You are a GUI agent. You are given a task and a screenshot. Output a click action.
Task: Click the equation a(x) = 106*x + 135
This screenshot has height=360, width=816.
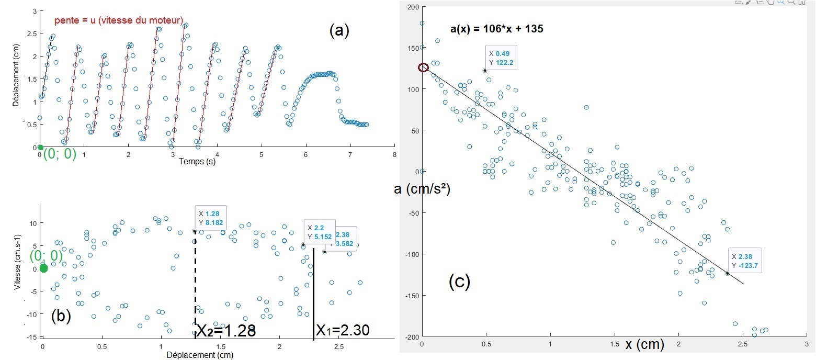coord(497,29)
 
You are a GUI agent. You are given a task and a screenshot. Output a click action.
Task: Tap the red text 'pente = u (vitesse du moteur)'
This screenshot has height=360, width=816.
coord(119,21)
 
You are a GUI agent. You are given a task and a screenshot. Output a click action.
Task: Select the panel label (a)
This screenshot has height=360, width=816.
coord(338,31)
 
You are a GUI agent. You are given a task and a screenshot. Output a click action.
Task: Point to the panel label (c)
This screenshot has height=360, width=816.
coord(459,282)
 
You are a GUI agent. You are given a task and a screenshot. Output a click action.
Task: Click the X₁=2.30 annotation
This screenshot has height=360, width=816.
coord(343,330)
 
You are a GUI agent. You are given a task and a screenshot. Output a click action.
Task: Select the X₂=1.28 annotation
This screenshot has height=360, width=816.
coord(226,331)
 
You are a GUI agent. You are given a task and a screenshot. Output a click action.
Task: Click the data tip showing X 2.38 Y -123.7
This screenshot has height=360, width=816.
coord(745,261)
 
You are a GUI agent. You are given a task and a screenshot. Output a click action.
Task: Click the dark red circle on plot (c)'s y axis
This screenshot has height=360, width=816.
coord(423,67)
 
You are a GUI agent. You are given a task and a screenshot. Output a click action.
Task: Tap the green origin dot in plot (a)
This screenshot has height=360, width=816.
coord(40,148)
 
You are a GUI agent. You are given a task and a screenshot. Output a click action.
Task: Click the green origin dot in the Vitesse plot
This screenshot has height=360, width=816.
coord(43,268)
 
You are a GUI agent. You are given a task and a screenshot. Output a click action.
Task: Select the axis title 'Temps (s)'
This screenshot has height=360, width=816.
coord(197,162)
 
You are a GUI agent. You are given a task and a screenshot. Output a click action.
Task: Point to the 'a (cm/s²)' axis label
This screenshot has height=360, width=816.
coord(422,190)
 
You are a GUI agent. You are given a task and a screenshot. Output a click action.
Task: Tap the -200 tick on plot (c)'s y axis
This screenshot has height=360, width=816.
coord(411,336)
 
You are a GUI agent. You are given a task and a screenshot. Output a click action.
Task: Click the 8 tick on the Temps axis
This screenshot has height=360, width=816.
coord(394,155)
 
